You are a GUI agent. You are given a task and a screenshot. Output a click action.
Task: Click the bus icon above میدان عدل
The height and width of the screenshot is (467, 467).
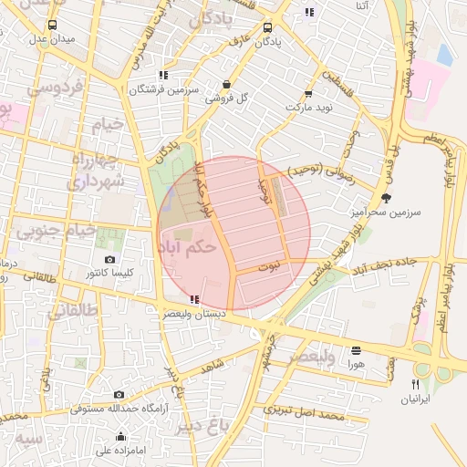51,26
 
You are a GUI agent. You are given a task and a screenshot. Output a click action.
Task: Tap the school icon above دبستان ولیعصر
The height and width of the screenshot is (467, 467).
192,299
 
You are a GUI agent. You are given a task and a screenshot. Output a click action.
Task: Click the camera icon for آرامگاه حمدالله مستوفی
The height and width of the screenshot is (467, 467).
119,394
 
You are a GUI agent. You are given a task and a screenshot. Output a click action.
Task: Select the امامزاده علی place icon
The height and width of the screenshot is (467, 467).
120,436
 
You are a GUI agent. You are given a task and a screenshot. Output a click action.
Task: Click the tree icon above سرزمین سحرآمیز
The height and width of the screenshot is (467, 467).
387,197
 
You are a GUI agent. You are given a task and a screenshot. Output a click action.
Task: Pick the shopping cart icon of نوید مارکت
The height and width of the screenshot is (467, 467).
308,93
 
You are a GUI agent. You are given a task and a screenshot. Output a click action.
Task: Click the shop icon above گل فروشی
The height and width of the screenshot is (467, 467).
225,84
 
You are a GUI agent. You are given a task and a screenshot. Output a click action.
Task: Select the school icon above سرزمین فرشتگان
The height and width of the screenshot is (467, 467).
163,76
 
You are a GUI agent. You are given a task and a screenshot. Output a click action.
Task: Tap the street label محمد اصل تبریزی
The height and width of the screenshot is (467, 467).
304,412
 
